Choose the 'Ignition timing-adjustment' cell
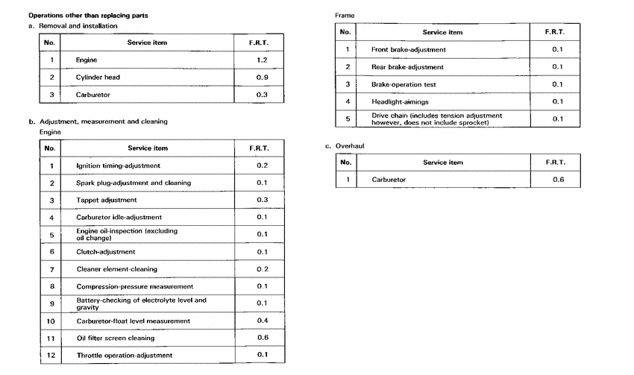click(x=118, y=166)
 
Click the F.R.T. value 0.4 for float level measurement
click(x=262, y=321)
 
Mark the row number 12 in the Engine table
click(x=51, y=355)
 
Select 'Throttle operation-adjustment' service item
click(x=124, y=355)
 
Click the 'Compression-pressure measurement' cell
click(x=134, y=286)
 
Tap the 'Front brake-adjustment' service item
click(x=409, y=49)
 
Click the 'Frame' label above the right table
click(x=345, y=15)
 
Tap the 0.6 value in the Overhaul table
click(x=557, y=180)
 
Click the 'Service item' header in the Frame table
click(x=442, y=32)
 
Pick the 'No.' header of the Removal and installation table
click(x=51, y=42)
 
